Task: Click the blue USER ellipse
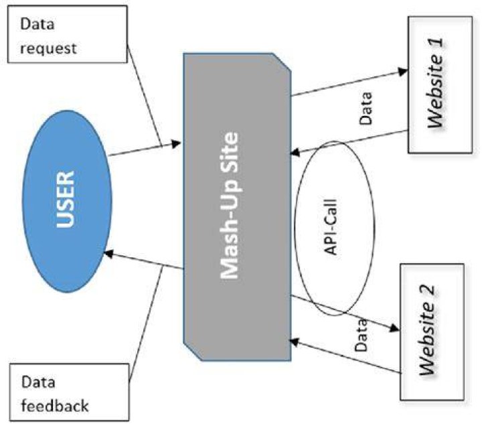[x=67, y=201]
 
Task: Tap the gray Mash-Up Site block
[x=237, y=207]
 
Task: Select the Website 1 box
[x=440, y=84]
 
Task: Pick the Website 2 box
[x=432, y=332]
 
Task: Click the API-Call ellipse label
[x=331, y=227]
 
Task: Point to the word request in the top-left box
[x=48, y=49]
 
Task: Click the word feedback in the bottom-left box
[x=55, y=406]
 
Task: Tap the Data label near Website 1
[x=366, y=109]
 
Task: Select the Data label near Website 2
[x=361, y=336]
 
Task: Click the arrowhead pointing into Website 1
[x=403, y=72]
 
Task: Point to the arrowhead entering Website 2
[x=395, y=328]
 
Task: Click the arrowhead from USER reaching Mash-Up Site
[x=176, y=143]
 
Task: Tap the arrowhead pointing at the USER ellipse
[x=109, y=254]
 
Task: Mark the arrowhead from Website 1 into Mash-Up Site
[x=295, y=152]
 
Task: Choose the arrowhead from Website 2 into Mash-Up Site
[x=295, y=342]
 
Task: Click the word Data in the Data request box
[x=37, y=24]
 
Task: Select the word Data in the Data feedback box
[x=38, y=382]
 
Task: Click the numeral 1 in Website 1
[x=437, y=42]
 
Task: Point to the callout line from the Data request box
[x=145, y=96]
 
